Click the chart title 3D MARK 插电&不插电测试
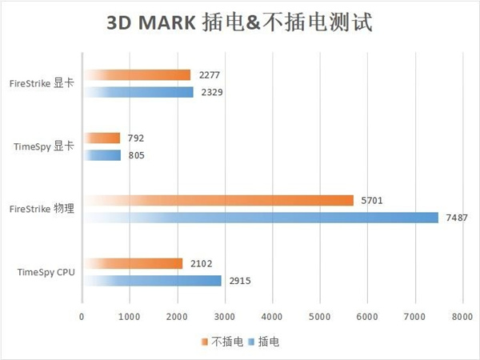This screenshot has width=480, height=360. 239,22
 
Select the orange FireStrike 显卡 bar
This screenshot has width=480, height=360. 136,75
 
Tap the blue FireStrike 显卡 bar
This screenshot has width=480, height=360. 138,92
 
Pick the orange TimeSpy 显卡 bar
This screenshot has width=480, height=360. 101,138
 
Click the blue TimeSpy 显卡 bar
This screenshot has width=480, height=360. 102,155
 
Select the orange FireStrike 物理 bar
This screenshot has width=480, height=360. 218,200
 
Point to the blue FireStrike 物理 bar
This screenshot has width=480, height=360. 260,218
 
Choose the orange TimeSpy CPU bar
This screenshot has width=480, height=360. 132,263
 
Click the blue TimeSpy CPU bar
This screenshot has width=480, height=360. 151,281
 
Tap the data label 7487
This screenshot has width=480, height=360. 454,218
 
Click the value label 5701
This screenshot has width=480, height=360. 370,200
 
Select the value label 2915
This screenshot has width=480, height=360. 238,281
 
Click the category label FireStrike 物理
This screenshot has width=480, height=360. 42,209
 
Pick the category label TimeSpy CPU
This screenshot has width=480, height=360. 46,272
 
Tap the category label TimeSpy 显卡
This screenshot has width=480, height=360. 45,146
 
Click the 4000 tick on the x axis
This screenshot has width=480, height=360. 272,317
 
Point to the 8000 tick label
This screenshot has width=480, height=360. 462,317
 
